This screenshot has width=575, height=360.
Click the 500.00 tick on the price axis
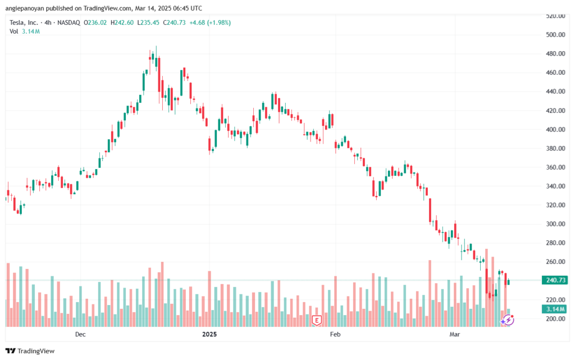click(x=555, y=35)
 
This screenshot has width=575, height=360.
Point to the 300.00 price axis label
click(x=555, y=224)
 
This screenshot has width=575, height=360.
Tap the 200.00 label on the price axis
click(x=555, y=319)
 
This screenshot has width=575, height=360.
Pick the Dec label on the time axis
click(x=80, y=335)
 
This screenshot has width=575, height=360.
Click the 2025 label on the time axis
click(x=209, y=335)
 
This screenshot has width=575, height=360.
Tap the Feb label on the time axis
click(x=335, y=335)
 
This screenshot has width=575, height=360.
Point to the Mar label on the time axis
click(x=455, y=335)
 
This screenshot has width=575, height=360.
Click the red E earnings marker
click(x=317, y=321)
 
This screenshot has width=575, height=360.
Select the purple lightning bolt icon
click(x=508, y=320)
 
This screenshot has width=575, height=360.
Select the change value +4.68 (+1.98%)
click(x=211, y=22)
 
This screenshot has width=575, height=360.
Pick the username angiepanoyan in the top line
click(x=30, y=8)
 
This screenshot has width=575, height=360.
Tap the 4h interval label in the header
click(x=48, y=22)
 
